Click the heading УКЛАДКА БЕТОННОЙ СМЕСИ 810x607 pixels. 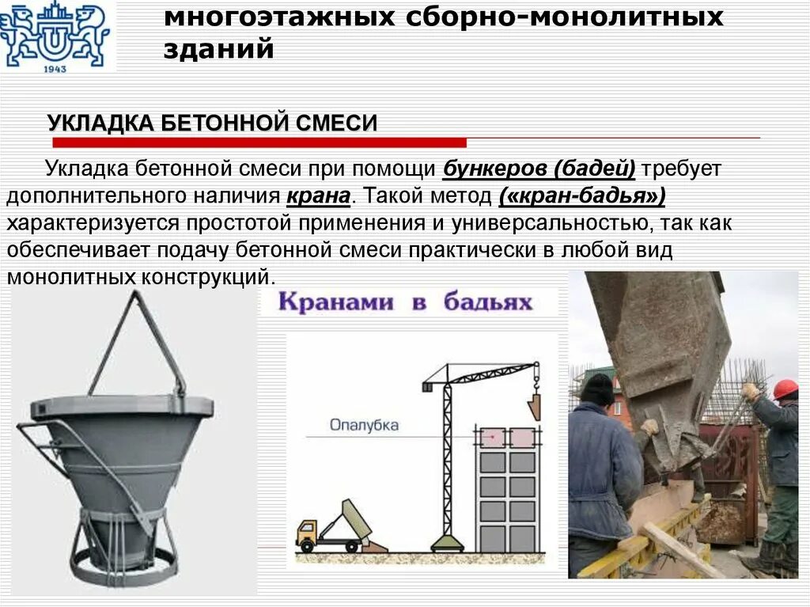[212, 123]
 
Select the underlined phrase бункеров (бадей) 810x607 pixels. [539, 169]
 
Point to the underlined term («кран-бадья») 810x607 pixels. [581, 195]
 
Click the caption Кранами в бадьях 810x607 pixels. [404, 302]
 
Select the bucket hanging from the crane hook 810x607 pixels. [536, 406]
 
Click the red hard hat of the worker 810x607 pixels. [785, 389]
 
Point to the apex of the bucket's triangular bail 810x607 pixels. [135, 294]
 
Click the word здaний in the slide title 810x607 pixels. [220, 49]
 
